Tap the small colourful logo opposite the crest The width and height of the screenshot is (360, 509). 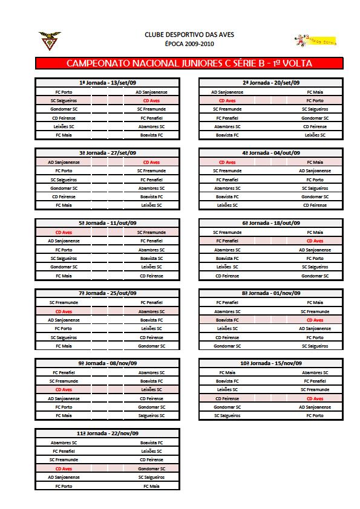[x=315, y=41]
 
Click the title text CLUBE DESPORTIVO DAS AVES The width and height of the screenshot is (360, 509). [x=189, y=35]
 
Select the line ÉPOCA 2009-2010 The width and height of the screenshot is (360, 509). [x=189, y=44]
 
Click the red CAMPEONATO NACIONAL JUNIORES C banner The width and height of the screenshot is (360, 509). [x=189, y=63]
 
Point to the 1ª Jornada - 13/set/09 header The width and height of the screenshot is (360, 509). [x=108, y=83]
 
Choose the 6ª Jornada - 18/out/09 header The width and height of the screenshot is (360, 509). [x=271, y=223]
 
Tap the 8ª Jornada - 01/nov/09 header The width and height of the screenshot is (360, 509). [x=271, y=293]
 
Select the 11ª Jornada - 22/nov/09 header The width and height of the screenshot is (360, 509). [x=108, y=433]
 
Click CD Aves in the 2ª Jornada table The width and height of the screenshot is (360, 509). [x=227, y=100]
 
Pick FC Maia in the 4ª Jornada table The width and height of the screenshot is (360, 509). [x=315, y=162]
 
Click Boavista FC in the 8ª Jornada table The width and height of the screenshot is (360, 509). [x=227, y=320]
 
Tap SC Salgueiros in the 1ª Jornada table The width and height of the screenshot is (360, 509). [x=64, y=100]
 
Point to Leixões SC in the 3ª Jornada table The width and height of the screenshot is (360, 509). [x=151, y=205]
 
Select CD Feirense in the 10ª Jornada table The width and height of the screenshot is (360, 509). [x=227, y=398]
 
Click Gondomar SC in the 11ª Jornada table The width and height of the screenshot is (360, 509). [x=151, y=468]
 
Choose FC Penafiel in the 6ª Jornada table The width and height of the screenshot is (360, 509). [x=227, y=241]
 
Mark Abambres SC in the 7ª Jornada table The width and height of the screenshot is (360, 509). [x=151, y=311]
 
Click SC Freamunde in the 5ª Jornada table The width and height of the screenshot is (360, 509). [x=151, y=232]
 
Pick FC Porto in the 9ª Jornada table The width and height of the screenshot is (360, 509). [x=64, y=407]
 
